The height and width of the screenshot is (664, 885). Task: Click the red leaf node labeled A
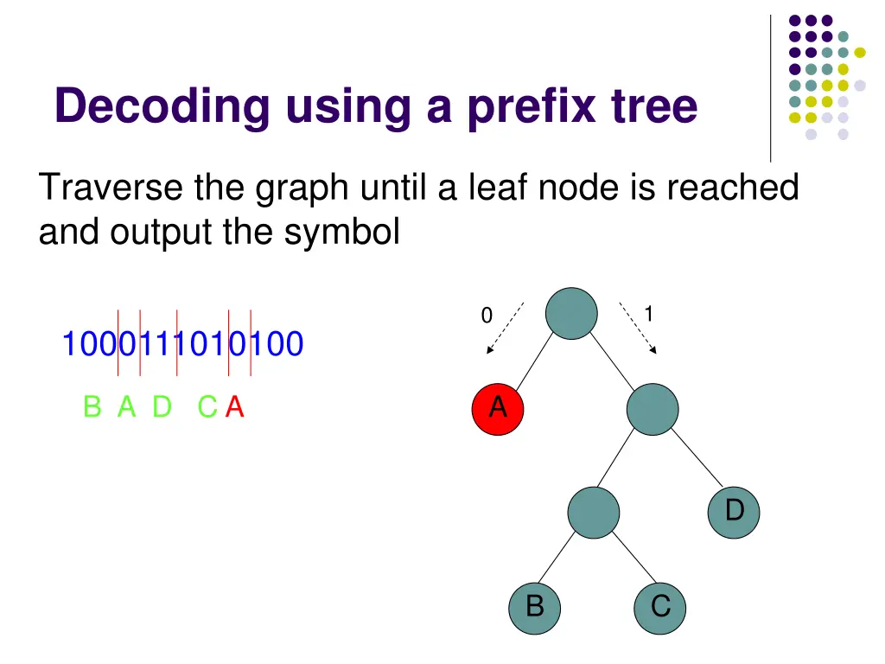(498, 407)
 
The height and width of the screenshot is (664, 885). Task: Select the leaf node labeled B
(535, 606)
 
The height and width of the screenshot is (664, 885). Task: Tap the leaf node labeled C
(660, 606)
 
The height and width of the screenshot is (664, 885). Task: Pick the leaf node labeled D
(734, 512)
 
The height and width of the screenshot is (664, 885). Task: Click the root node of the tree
(571, 313)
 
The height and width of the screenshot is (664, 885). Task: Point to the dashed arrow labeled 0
(505, 329)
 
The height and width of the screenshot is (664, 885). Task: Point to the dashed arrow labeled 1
(638, 329)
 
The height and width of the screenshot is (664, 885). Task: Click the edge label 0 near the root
(487, 317)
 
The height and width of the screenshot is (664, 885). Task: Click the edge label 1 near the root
(648, 313)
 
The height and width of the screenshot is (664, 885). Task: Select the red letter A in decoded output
(235, 406)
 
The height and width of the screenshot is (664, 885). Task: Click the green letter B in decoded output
(92, 406)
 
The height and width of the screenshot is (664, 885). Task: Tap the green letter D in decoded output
(162, 406)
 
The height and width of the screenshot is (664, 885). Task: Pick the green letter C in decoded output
(207, 406)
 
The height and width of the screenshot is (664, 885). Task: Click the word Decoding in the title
(161, 107)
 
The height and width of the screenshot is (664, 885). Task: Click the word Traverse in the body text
(110, 187)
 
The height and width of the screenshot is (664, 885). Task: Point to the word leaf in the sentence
(499, 187)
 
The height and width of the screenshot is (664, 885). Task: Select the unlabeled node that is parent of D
(653, 409)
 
